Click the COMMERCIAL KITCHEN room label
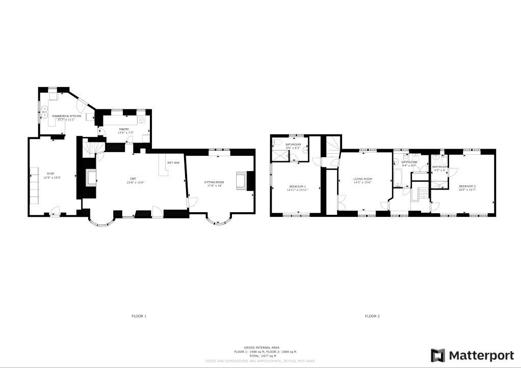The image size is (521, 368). click(x=66, y=116)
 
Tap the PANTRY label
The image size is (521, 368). click(x=124, y=129)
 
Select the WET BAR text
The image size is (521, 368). click(x=173, y=163)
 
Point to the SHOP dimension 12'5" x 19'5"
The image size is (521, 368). click(x=50, y=178)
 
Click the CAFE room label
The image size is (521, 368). click(x=133, y=178)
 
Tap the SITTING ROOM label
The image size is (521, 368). click(x=215, y=182)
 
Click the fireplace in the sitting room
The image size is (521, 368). click(x=241, y=181)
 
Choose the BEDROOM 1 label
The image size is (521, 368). click(x=297, y=187)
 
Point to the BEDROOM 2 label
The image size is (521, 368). click(x=467, y=186)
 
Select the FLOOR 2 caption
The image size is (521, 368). click(x=372, y=316)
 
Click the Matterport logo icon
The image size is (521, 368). click(x=437, y=355)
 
